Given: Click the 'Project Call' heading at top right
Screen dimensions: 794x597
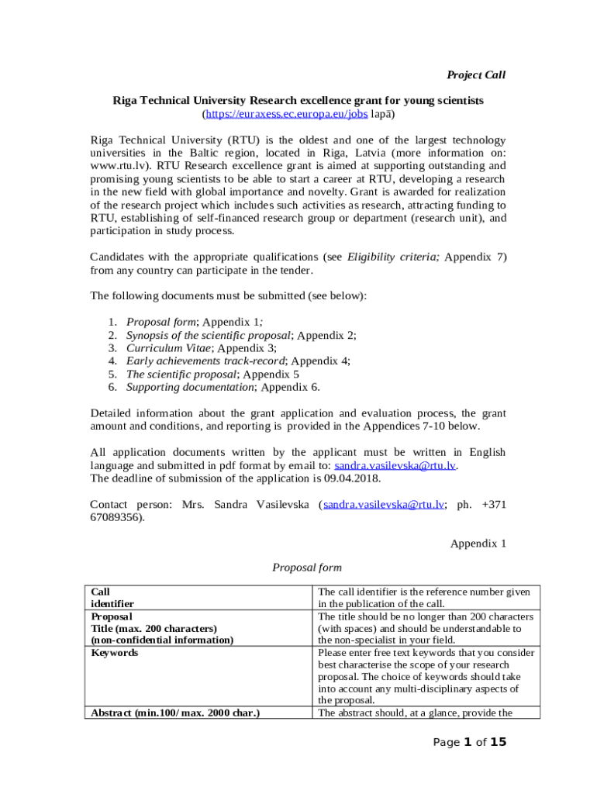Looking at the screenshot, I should (475, 75).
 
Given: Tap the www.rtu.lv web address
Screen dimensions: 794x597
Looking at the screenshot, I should (116, 166).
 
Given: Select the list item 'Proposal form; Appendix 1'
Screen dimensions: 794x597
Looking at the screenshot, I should (194, 322).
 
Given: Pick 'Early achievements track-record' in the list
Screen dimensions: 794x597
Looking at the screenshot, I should (205, 361).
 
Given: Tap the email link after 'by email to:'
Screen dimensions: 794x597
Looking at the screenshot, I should (395, 465).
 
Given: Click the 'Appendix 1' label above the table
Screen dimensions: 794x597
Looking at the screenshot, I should (478, 544).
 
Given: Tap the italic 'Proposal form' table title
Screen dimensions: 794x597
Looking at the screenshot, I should (307, 568).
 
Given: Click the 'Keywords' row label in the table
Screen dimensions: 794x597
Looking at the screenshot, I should (115, 653).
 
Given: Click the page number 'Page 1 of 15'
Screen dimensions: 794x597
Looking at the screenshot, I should (469, 743).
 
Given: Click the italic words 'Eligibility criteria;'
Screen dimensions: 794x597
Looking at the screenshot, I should (393, 257).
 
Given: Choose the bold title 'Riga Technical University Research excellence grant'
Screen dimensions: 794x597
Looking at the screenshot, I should (298, 101).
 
